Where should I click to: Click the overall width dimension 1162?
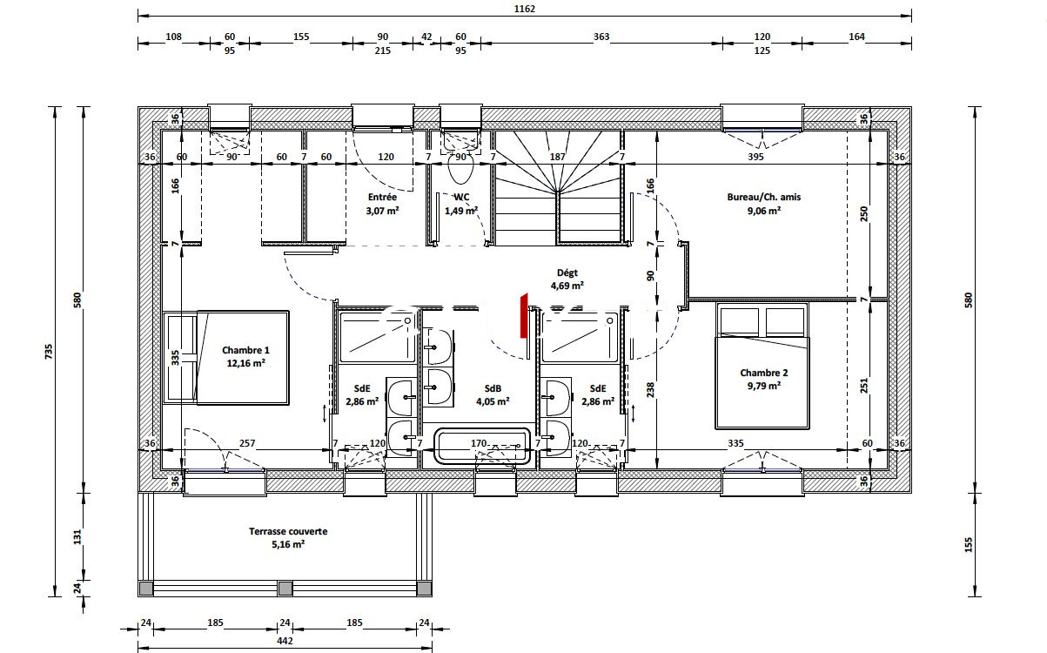pyautogui.click(x=525, y=9)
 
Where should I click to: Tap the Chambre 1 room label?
pyautogui.click(x=245, y=350)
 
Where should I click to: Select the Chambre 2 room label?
pyautogui.click(x=764, y=373)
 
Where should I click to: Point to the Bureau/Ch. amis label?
pyautogui.click(x=764, y=197)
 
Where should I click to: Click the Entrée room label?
pyautogui.click(x=382, y=197)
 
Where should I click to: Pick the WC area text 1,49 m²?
pyautogui.click(x=461, y=211)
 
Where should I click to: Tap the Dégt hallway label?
pyautogui.click(x=567, y=273)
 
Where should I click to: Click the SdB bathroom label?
pyautogui.click(x=493, y=388)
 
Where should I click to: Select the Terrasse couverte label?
pyautogui.click(x=288, y=531)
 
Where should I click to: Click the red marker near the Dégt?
pyautogui.click(x=524, y=315)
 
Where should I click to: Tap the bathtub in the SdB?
pyautogui.click(x=482, y=446)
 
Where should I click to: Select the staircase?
pyautogui.click(x=557, y=187)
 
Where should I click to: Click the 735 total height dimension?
pyautogui.click(x=49, y=352)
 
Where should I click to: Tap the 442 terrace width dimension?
pyautogui.click(x=285, y=641)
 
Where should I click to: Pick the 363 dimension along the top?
pyautogui.click(x=601, y=37)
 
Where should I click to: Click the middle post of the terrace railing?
pyautogui.click(x=285, y=589)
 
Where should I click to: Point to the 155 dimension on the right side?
pyautogui.click(x=968, y=545)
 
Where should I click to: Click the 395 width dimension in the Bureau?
pyautogui.click(x=755, y=157)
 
